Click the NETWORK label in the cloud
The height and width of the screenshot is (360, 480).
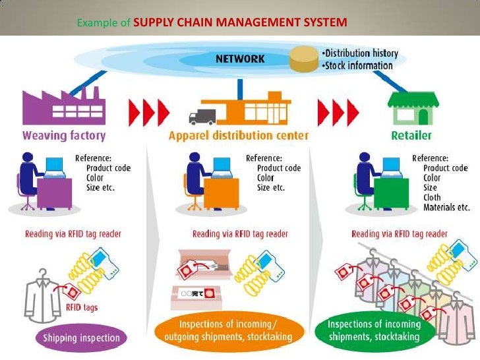pos(241,59)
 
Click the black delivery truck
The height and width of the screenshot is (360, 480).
pos(202,117)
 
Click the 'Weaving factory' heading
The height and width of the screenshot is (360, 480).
pos(64,136)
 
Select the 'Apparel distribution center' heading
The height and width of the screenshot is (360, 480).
pos(239,136)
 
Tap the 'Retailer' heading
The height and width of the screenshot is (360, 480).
pos(415,136)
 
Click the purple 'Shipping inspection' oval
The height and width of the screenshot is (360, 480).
pos(82,338)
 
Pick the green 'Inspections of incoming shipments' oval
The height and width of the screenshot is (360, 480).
pos(374,330)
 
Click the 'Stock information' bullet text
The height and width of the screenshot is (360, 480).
pos(359,65)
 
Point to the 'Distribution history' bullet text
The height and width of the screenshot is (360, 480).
pos(361,53)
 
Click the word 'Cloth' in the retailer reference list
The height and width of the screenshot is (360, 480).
pos(433,197)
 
